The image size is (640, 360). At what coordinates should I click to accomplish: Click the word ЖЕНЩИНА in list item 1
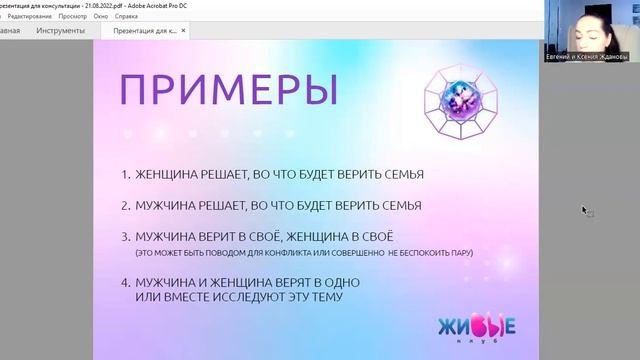pos(168,174)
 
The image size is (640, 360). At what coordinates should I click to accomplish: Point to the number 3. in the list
pos(126,237)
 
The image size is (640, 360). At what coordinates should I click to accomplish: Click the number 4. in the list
pos(126,282)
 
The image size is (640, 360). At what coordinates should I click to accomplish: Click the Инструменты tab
pos(60,31)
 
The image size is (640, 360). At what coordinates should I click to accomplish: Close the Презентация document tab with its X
pos(187,31)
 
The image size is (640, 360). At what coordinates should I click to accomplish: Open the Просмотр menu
pos(72,17)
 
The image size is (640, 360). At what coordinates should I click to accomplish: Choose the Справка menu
pos(127,17)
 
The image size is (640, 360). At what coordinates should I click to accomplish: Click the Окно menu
pos(101,17)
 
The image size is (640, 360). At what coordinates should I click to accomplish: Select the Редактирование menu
pos(29,17)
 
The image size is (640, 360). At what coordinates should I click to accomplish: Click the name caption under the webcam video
pos(594,58)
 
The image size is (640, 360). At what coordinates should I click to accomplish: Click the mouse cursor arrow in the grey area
pos(585,210)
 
